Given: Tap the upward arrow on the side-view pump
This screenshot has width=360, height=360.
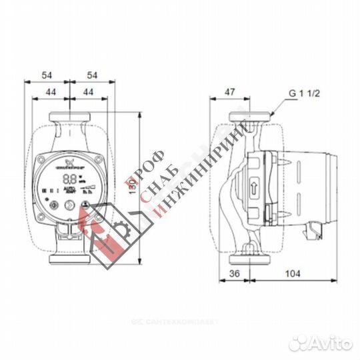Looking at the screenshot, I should (255, 188).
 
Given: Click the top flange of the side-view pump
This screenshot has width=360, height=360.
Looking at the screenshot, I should (247, 118).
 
